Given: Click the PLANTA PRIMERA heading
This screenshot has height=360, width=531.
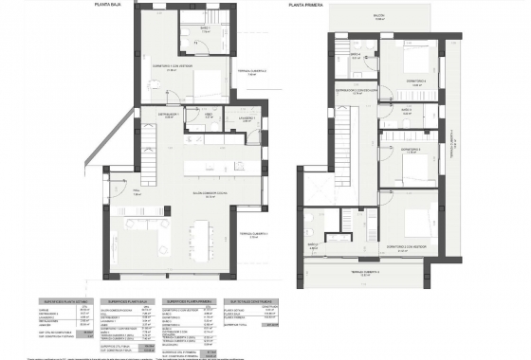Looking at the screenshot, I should [x=308, y=5].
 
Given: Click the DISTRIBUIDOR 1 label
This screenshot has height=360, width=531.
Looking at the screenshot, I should [x=170, y=113].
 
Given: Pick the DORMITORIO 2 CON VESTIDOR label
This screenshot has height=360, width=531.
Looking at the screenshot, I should [x=407, y=243].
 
